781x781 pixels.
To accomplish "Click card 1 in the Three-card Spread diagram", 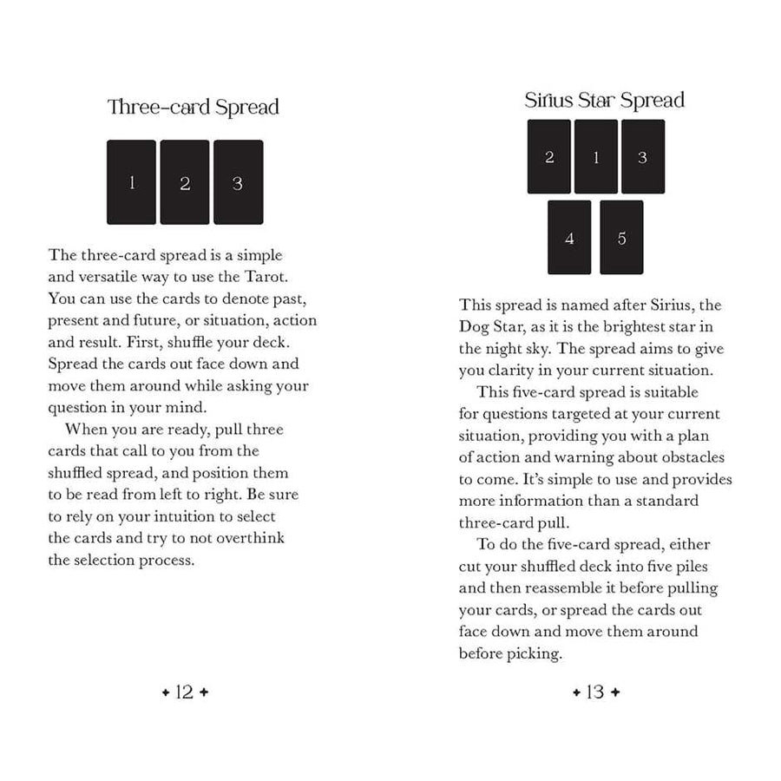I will point(132,182).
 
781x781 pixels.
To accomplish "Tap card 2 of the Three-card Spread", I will point(185,182).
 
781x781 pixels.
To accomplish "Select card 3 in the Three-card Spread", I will point(238,182).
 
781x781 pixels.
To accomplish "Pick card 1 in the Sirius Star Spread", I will point(596,157).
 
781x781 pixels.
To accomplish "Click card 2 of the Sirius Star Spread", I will point(549,157).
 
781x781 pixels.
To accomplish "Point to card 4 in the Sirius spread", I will point(569,238).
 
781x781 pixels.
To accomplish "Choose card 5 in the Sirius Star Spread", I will point(621,238).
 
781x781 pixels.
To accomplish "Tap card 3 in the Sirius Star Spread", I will point(643,157).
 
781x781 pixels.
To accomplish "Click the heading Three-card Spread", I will point(193,108).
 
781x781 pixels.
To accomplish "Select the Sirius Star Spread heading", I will point(604,100).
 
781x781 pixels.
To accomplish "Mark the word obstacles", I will point(688,456).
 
